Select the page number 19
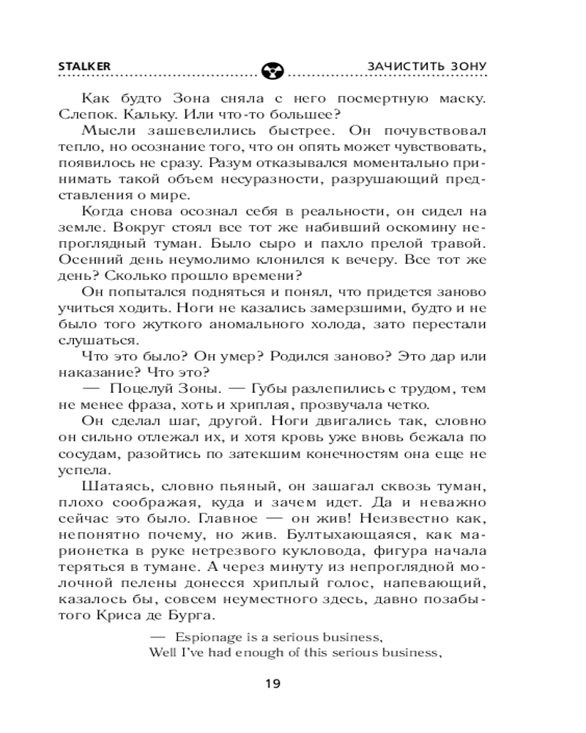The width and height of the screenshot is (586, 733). click(272, 685)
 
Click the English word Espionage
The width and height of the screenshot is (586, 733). click(207, 636)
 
